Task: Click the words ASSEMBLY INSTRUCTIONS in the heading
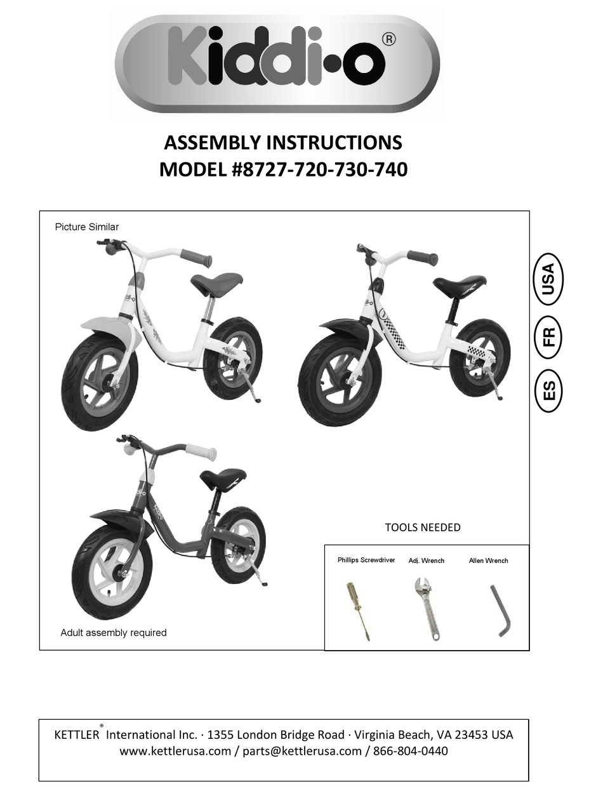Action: pyautogui.click(x=283, y=142)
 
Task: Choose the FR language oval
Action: pyautogui.click(x=548, y=334)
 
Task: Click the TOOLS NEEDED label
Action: pyautogui.click(x=423, y=527)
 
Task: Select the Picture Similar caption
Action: pyautogui.click(x=86, y=227)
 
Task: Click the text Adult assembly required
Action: pyautogui.click(x=113, y=632)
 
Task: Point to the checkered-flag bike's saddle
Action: pyautogui.click(x=460, y=283)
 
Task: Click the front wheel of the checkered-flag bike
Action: pyautogui.click(x=340, y=380)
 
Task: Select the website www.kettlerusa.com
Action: pyautogui.click(x=175, y=752)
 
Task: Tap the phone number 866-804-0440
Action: pyautogui.click(x=410, y=752)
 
